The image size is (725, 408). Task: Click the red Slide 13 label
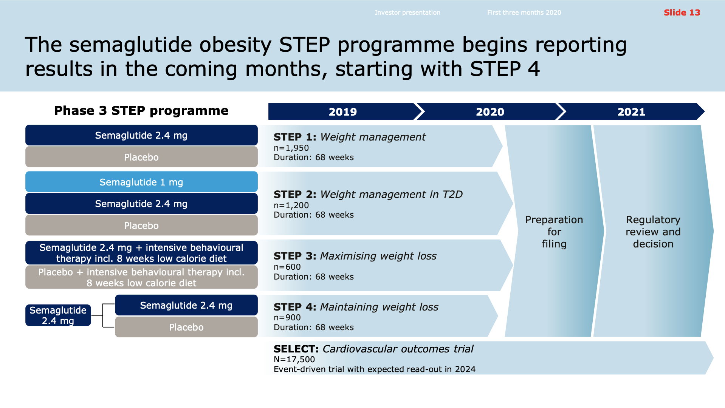click(682, 12)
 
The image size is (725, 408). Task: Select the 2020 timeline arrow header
click(490, 111)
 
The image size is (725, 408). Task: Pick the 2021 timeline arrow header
click(631, 111)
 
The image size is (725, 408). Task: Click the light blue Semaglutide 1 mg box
click(141, 182)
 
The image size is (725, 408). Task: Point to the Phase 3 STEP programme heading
click(141, 110)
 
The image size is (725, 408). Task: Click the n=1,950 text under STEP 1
click(291, 148)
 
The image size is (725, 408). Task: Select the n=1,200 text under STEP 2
click(291, 205)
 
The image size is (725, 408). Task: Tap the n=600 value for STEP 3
click(287, 267)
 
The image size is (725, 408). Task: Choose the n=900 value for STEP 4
click(287, 317)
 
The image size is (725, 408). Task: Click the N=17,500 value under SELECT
click(294, 359)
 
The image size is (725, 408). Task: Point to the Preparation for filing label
click(554, 232)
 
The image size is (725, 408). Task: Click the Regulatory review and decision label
click(653, 232)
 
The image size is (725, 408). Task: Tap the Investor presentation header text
click(407, 12)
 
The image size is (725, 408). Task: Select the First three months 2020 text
click(524, 12)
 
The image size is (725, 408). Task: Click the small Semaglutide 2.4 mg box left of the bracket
click(58, 315)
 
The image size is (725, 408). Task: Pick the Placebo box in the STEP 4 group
click(186, 327)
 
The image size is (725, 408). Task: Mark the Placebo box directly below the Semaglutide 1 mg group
click(141, 225)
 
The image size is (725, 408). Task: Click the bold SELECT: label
click(296, 349)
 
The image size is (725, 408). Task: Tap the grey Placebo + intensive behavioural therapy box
click(141, 277)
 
